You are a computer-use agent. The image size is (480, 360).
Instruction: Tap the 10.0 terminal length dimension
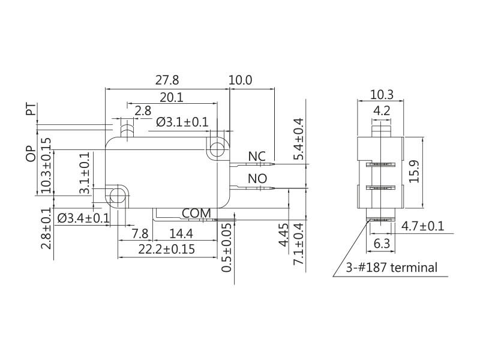coord(241,80)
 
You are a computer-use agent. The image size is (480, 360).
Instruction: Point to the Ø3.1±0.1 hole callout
coord(182,122)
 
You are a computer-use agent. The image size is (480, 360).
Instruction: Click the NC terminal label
coord(257,157)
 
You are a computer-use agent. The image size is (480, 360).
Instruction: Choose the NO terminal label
coord(257,179)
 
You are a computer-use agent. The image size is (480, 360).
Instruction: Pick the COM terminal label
coord(196,213)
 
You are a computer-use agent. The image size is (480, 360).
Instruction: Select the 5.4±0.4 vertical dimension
coord(298,139)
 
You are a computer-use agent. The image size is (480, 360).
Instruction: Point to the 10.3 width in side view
coord(381,94)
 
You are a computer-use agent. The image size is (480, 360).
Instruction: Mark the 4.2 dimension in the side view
coord(381,110)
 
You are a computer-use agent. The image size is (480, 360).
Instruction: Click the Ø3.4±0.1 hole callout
coord(83,217)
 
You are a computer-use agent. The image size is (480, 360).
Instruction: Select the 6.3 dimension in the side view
coord(382,244)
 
